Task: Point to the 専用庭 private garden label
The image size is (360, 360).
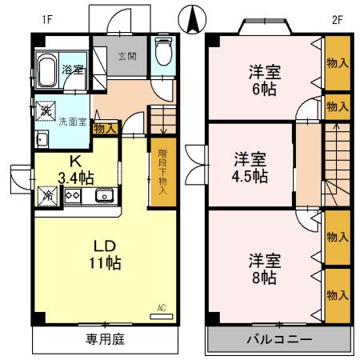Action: (104, 339)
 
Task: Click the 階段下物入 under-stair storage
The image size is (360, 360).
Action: (162, 173)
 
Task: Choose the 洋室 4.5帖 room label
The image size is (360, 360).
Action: (250, 166)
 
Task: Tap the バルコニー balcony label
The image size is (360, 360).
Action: (278, 339)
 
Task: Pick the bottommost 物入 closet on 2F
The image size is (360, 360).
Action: (337, 295)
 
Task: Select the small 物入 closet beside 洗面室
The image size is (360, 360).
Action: (106, 127)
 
